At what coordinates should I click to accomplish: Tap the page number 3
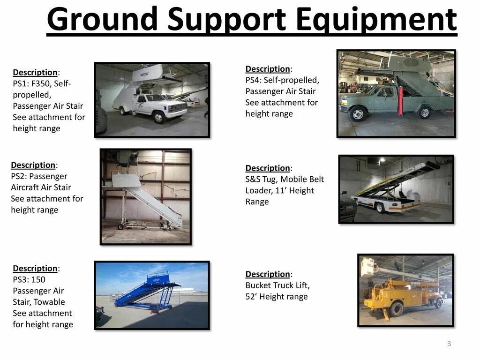(x=449, y=344)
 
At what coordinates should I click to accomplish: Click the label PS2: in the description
(x=20, y=176)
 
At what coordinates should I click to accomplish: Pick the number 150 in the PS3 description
(x=38, y=279)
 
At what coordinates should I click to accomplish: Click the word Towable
(x=49, y=302)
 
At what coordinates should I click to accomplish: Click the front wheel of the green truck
(x=358, y=114)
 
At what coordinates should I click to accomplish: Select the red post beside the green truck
(x=401, y=101)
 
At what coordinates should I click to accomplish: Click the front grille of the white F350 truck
(x=177, y=109)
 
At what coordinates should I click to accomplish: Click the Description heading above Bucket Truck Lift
(x=268, y=274)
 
